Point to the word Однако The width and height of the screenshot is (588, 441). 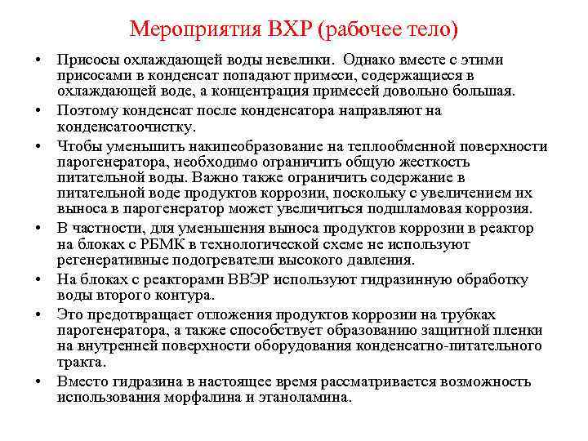click(369, 60)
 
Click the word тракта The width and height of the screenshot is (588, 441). click(79, 361)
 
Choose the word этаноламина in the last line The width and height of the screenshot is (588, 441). click(311, 398)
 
